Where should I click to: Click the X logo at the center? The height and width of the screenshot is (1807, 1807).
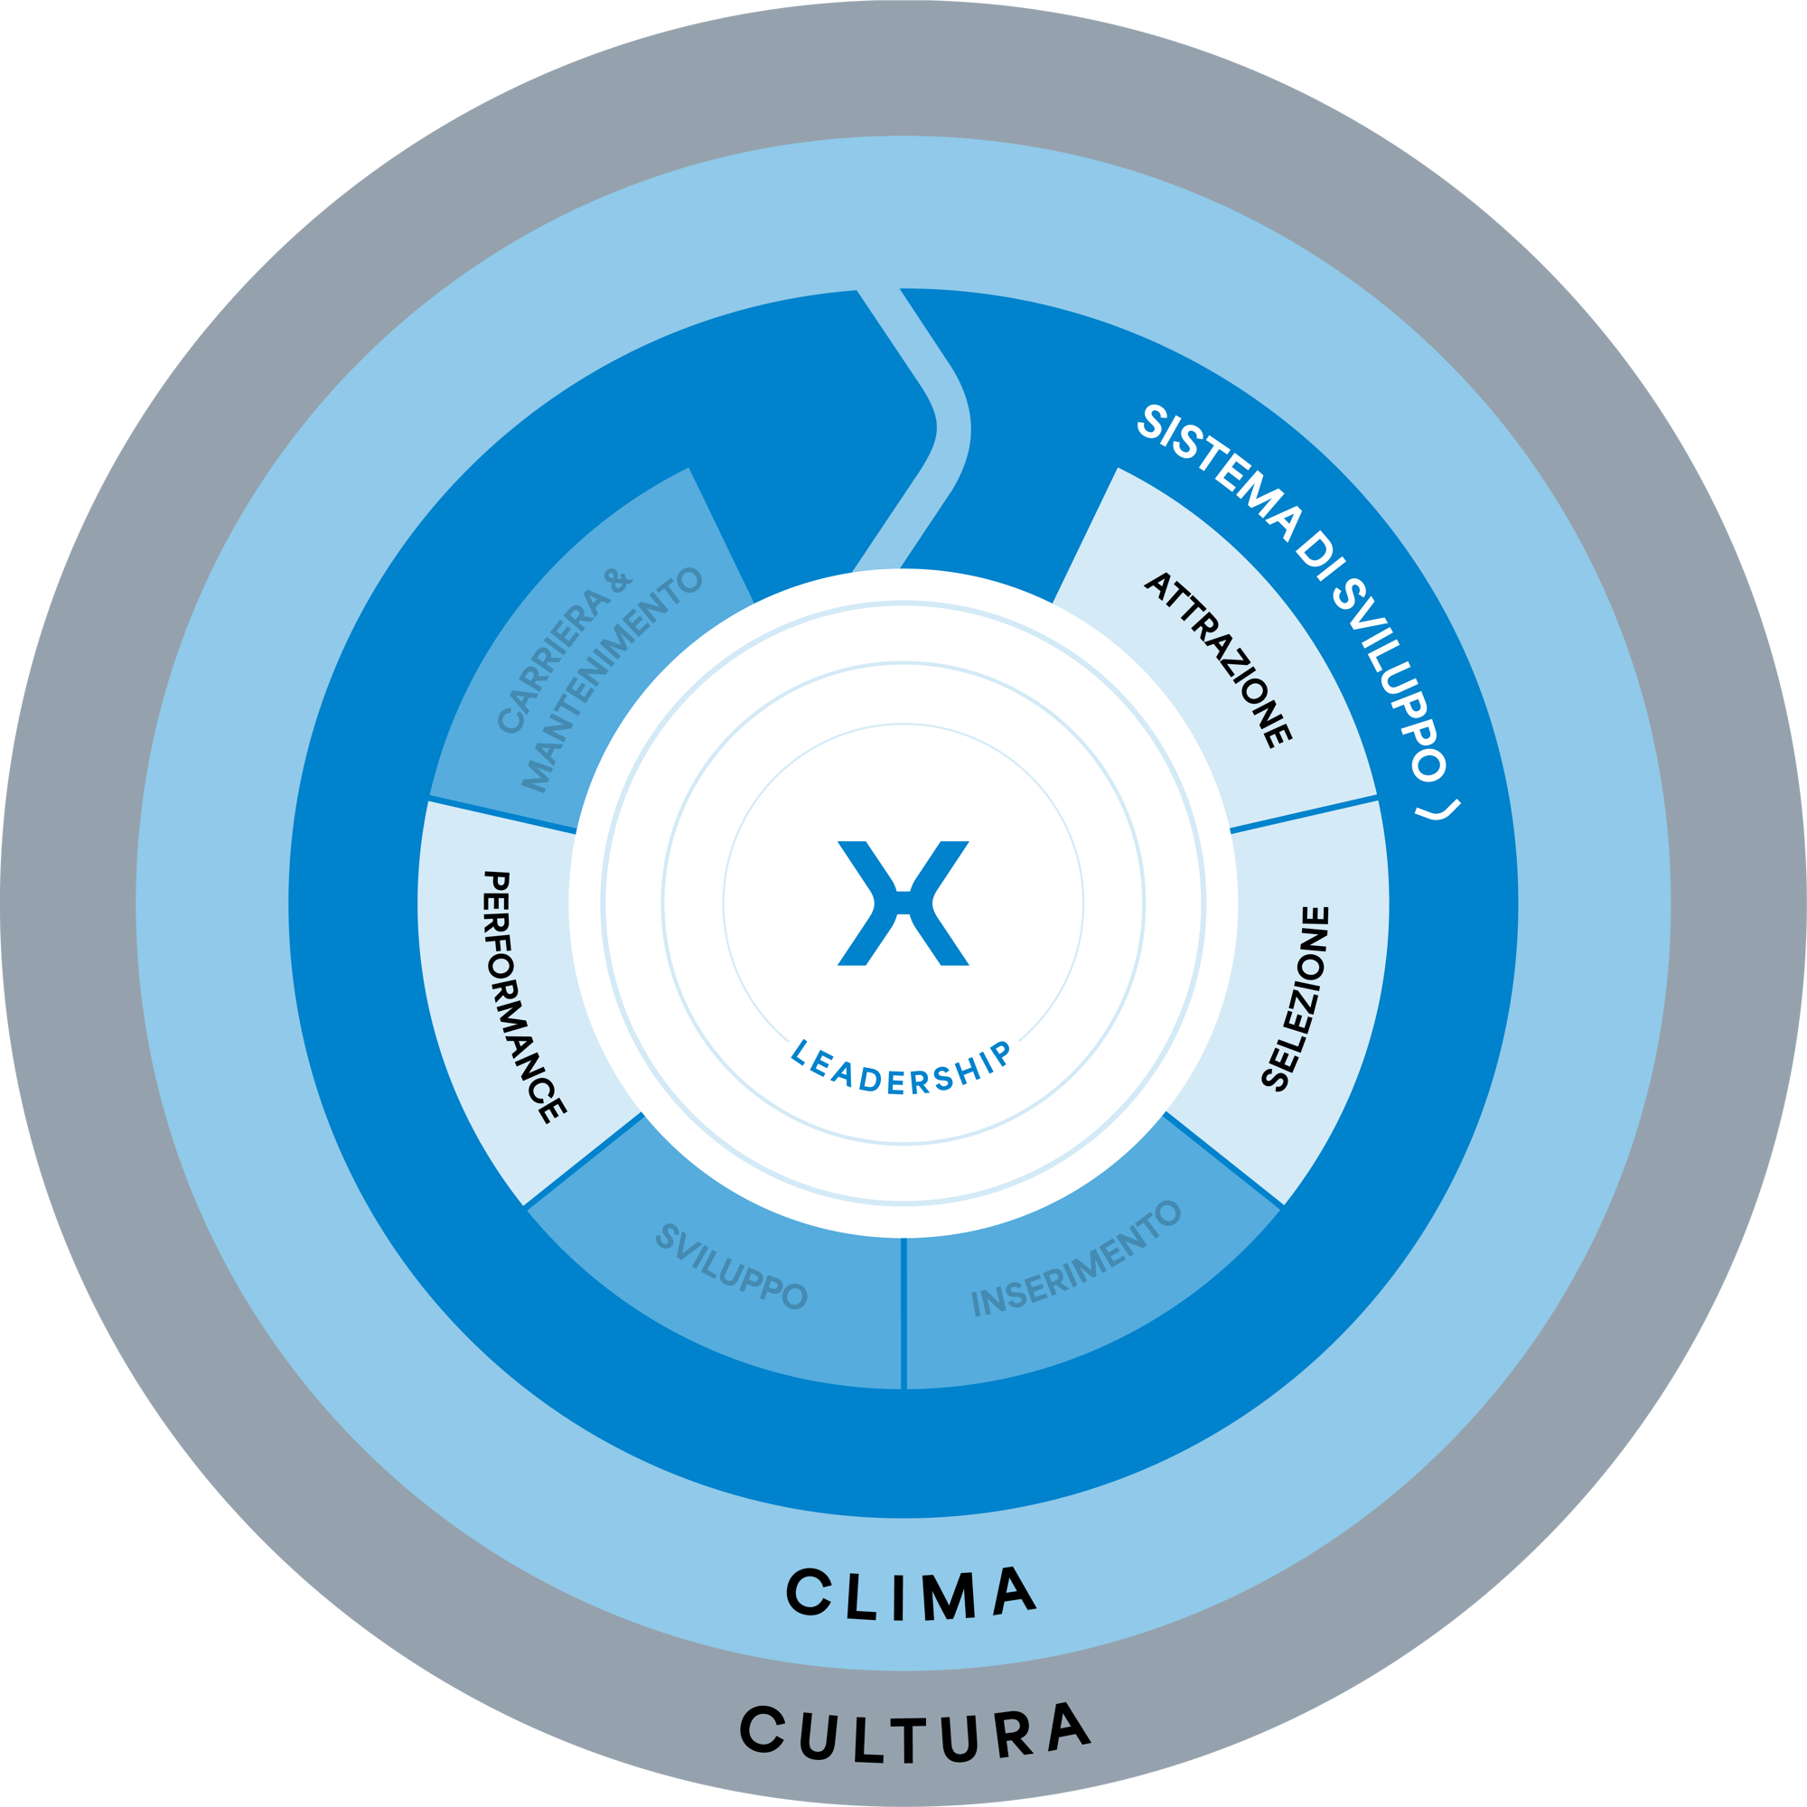[903, 903]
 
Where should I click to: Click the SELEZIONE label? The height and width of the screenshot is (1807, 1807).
[1296, 998]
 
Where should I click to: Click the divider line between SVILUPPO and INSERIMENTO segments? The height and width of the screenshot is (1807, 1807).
[903, 1314]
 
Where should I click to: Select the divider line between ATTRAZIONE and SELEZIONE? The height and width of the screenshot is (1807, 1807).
[1304, 814]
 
